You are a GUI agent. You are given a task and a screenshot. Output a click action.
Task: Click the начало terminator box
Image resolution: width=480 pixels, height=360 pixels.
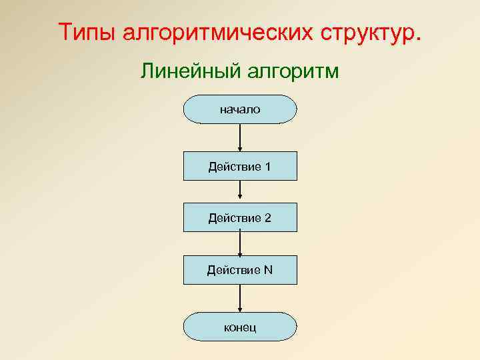coord(240,109)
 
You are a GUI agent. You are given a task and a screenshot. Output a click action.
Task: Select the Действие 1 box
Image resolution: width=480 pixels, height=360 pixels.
coord(240,166)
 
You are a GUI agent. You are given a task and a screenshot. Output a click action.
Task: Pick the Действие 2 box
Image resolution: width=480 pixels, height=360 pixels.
coord(240,217)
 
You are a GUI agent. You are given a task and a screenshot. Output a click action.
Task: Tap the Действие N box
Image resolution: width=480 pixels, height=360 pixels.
coord(240,270)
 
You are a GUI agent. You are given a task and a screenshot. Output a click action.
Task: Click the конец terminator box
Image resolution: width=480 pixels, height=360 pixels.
coord(240,327)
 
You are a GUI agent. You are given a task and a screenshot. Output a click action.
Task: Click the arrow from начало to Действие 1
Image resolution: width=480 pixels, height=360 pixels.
coord(240,137)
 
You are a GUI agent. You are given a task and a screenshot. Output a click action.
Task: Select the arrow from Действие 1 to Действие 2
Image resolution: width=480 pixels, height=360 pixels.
coord(240,192)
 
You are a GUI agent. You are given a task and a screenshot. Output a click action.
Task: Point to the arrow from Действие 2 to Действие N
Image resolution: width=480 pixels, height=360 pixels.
coord(240,243)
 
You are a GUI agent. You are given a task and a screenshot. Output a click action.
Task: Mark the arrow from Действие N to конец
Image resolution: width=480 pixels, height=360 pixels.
coord(240,298)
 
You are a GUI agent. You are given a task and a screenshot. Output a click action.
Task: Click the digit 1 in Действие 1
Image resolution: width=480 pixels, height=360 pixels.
coord(267,166)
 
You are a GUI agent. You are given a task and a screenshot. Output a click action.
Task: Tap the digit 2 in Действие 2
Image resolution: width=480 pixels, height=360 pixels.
coord(267,217)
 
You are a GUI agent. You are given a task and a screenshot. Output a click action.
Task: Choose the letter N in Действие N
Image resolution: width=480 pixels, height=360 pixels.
coord(268,270)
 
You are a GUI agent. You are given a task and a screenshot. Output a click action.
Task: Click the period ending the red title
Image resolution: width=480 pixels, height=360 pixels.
coord(419,39)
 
